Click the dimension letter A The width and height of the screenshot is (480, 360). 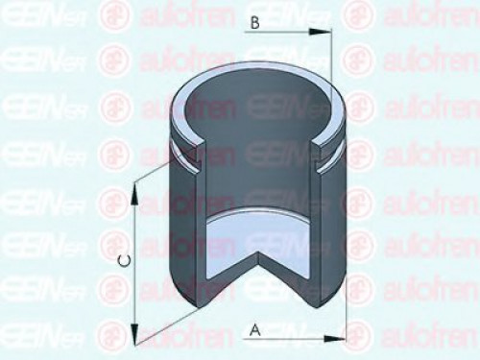click(x=254, y=329)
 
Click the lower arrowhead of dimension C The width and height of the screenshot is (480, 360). click(x=135, y=336)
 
